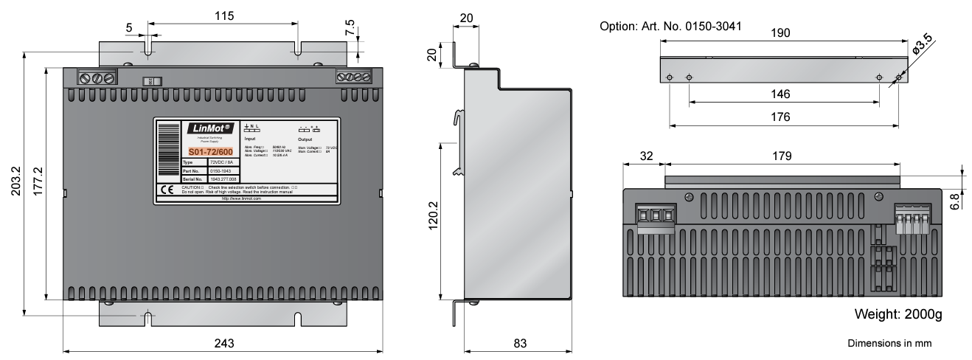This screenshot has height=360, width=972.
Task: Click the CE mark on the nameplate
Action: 167,189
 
